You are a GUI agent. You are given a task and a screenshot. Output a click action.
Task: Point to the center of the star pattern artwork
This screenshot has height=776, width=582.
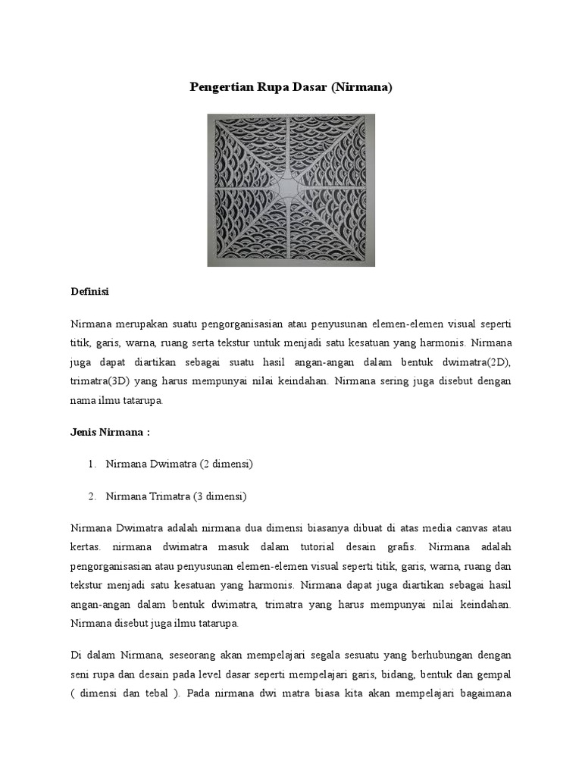point(291,189)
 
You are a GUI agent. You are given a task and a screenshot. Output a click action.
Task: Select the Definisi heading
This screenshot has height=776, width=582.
point(90,291)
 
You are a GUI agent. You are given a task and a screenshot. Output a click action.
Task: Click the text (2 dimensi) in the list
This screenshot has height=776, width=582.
point(224,464)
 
